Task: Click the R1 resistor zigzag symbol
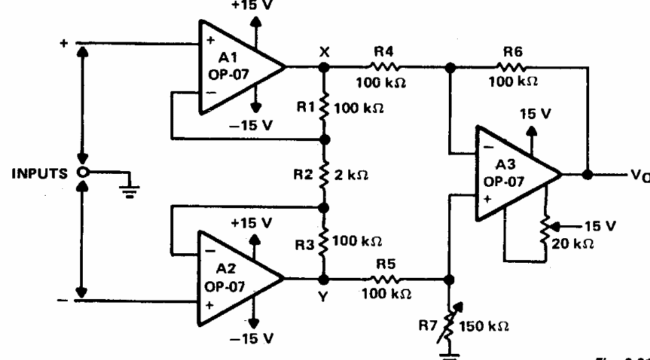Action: click(x=324, y=108)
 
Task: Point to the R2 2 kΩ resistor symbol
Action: click(x=324, y=173)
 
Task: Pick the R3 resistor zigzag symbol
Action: click(x=324, y=242)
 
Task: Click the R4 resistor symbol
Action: click(x=387, y=67)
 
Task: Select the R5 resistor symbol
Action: click(x=387, y=279)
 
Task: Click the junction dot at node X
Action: click(x=324, y=67)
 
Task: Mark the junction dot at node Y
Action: click(x=324, y=279)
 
